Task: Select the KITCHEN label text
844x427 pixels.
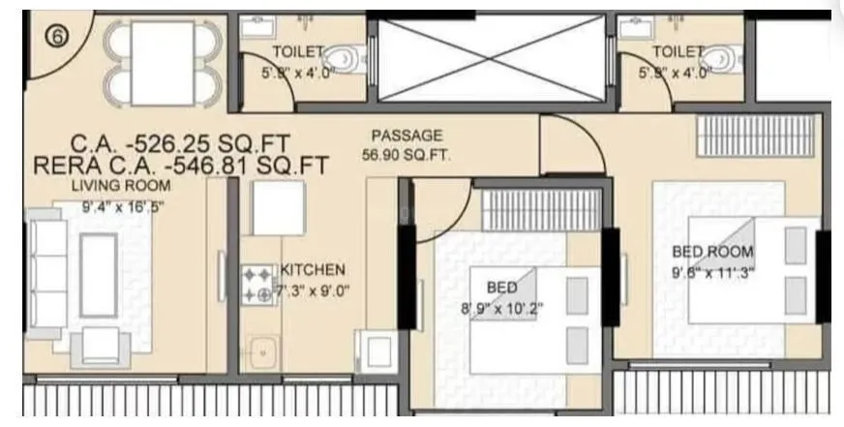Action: click(x=312, y=270)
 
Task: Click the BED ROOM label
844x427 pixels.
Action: click(x=712, y=252)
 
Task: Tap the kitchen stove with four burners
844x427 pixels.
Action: click(x=258, y=286)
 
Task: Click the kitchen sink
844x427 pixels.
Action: click(x=259, y=353)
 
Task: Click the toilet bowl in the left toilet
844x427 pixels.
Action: click(x=342, y=61)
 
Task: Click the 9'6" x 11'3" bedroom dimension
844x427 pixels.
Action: click(x=712, y=271)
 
